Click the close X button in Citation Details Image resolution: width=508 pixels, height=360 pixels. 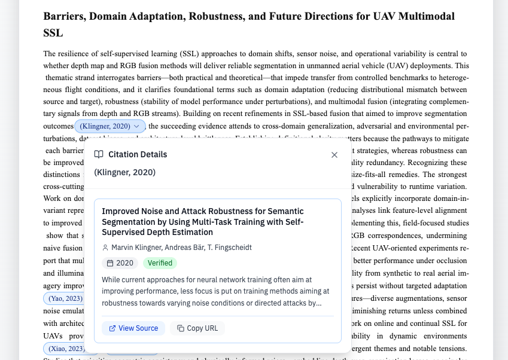334,155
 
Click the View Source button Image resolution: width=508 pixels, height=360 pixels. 133,328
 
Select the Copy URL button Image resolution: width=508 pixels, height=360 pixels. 197,328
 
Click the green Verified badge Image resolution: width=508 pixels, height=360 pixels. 160,263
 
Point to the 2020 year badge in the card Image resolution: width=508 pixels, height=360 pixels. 120,263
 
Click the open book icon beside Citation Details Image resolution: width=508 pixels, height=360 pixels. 99,154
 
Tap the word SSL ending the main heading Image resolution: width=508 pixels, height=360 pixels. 53,33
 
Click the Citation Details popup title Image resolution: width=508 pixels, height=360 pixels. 138,154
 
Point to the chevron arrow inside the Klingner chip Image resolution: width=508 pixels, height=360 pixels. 137,126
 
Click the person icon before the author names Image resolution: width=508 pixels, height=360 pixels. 105,248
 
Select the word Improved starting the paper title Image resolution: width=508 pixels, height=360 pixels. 120,211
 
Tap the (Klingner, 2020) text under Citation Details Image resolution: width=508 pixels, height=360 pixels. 124,172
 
